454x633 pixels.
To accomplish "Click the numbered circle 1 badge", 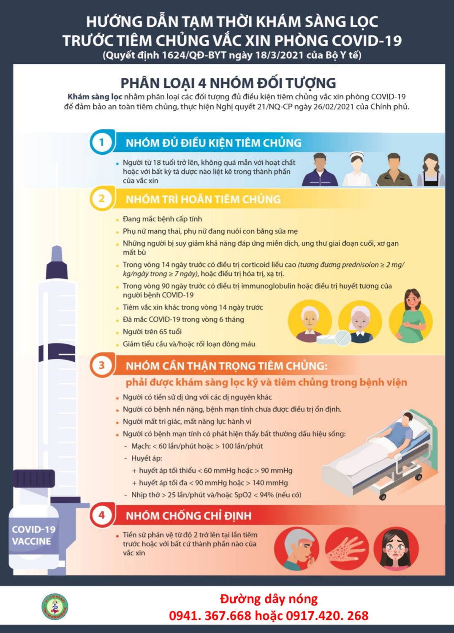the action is (102, 142).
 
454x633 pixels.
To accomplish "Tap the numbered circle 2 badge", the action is (102, 199).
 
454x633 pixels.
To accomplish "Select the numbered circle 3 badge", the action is (102, 366).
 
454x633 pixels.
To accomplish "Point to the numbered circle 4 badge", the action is (102, 515).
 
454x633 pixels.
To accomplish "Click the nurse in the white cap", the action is (356, 169).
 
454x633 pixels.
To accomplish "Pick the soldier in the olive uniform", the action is (394, 169).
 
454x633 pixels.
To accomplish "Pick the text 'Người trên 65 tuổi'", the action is (152, 332).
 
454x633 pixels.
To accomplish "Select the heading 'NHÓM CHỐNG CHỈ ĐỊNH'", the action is (189, 516).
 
